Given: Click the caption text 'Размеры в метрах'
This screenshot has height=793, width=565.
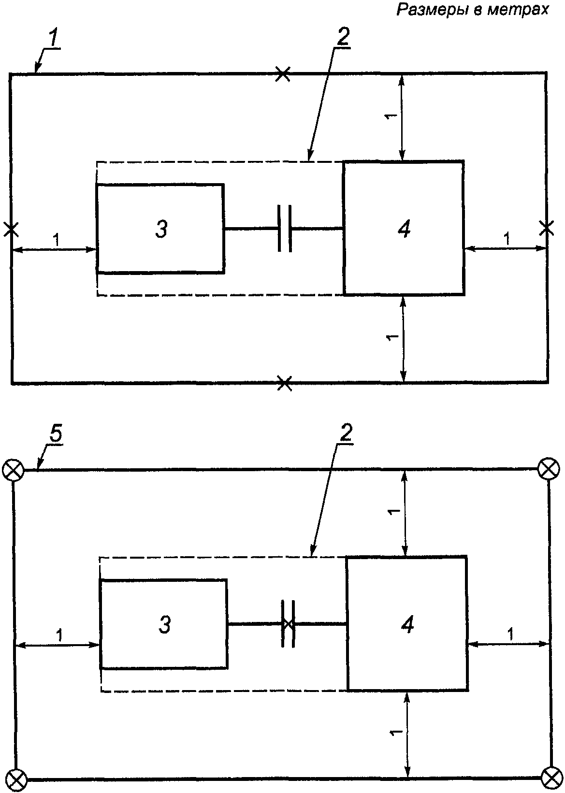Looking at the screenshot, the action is pyautogui.click(x=472, y=10).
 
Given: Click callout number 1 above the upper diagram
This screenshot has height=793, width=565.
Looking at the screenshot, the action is pyautogui.click(x=53, y=39).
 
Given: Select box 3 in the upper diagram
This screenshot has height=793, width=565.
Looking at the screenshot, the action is pyautogui.click(x=160, y=229).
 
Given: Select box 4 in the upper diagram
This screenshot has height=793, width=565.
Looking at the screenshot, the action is pyautogui.click(x=403, y=228).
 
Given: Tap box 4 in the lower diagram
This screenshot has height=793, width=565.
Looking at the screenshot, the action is pyautogui.click(x=407, y=624).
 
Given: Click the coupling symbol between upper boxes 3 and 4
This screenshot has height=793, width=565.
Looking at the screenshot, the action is pyautogui.click(x=285, y=229).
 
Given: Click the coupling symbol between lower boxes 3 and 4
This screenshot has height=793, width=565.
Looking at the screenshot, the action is pyautogui.click(x=288, y=624).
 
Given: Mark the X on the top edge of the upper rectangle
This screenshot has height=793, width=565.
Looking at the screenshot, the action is pyautogui.click(x=283, y=74).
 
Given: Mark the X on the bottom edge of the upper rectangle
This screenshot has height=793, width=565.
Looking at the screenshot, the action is pyautogui.click(x=285, y=383).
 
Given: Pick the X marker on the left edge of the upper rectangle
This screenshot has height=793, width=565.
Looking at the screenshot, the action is pyautogui.click(x=11, y=230).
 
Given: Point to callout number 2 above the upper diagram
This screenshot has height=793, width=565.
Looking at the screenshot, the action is pyautogui.click(x=343, y=36).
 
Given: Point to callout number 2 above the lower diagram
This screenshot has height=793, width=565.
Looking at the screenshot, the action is pyautogui.click(x=346, y=433).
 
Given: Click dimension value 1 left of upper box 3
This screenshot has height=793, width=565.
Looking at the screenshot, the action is pyautogui.click(x=56, y=240).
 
